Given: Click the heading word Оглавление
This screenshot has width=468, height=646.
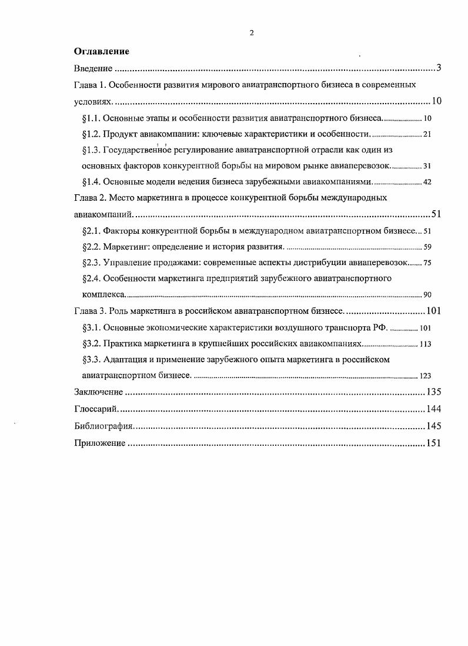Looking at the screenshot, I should coord(101,52).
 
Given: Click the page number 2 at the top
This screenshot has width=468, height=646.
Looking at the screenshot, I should coord(252,33).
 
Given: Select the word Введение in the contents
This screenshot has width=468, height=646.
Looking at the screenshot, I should coord(93,68).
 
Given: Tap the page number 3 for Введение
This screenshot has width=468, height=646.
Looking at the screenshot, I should coord(439,68).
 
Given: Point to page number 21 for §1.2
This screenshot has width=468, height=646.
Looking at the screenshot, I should coord(427,134).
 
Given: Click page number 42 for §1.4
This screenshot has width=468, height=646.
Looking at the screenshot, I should coord(427,182).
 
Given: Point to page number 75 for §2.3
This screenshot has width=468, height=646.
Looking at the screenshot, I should coord(427,263).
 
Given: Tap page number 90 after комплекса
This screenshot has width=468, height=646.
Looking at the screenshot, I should coord(427,294).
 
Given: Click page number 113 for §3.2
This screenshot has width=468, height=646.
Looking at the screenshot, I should coord(425,344).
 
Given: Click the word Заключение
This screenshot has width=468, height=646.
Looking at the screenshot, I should coord(98,392).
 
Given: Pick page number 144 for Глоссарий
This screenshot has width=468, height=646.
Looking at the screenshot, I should coord(433,409).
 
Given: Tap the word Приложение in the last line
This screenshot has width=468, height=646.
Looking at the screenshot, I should coord(99,444).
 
